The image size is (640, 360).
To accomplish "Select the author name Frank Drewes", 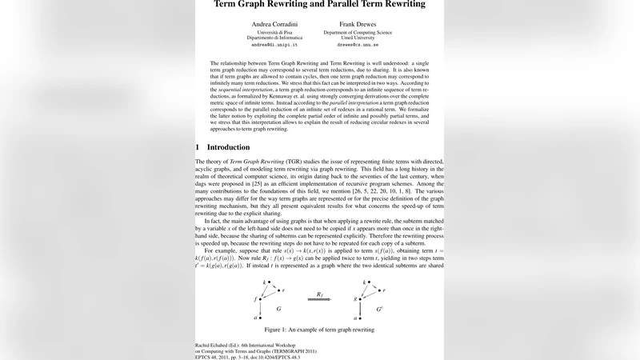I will pyautogui.click(x=357, y=24).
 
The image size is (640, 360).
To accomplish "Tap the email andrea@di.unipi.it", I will pyautogui.click(x=274, y=45).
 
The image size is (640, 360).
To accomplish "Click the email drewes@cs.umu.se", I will pyautogui.click(x=357, y=45).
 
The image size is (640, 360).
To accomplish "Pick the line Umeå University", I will pyautogui.click(x=357, y=38).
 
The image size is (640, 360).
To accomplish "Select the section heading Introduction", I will pyautogui.click(x=228, y=147).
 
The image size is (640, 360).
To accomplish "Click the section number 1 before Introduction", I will pyautogui.click(x=198, y=147).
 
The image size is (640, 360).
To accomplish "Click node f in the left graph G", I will pyautogui.click(x=257, y=298).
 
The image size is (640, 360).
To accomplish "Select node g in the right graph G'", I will pyautogui.click(x=356, y=298).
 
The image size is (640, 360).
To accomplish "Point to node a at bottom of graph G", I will pyautogui.click(x=257, y=318).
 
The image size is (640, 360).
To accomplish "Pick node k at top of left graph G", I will pyautogui.click(x=266, y=282).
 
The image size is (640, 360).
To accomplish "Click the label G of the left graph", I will pyautogui.click(x=278, y=307).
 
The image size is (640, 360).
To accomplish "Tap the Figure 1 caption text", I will pyautogui.click(x=320, y=330).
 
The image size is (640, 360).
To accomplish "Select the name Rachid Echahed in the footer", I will pyautogui.click(x=214, y=344).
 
